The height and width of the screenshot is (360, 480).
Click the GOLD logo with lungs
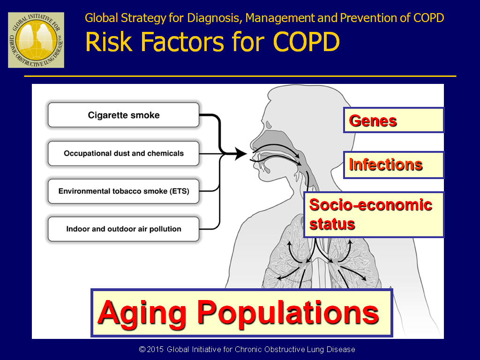click(36, 40)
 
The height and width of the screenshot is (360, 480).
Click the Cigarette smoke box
click(124, 115)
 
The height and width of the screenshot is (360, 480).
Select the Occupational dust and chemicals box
click(124, 153)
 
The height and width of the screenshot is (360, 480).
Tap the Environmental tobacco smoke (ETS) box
click(124, 191)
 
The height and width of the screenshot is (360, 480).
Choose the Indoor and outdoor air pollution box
click(124, 229)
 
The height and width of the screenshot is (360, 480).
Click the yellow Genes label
click(394, 120)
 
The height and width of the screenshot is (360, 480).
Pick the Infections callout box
click(394, 165)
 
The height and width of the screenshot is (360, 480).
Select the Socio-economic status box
click(374, 214)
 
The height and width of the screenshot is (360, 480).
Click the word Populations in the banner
click(288, 313)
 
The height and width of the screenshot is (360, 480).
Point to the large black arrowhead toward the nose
click(240, 153)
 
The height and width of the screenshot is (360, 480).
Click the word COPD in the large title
click(306, 42)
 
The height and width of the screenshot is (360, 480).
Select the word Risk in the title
click(109, 42)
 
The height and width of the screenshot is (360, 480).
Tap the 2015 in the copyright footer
click(155, 349)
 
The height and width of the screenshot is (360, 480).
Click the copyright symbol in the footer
click(142, 349)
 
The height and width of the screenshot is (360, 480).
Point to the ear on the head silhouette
click(269, 125)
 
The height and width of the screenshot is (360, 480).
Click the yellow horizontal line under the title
click(240, 76)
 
